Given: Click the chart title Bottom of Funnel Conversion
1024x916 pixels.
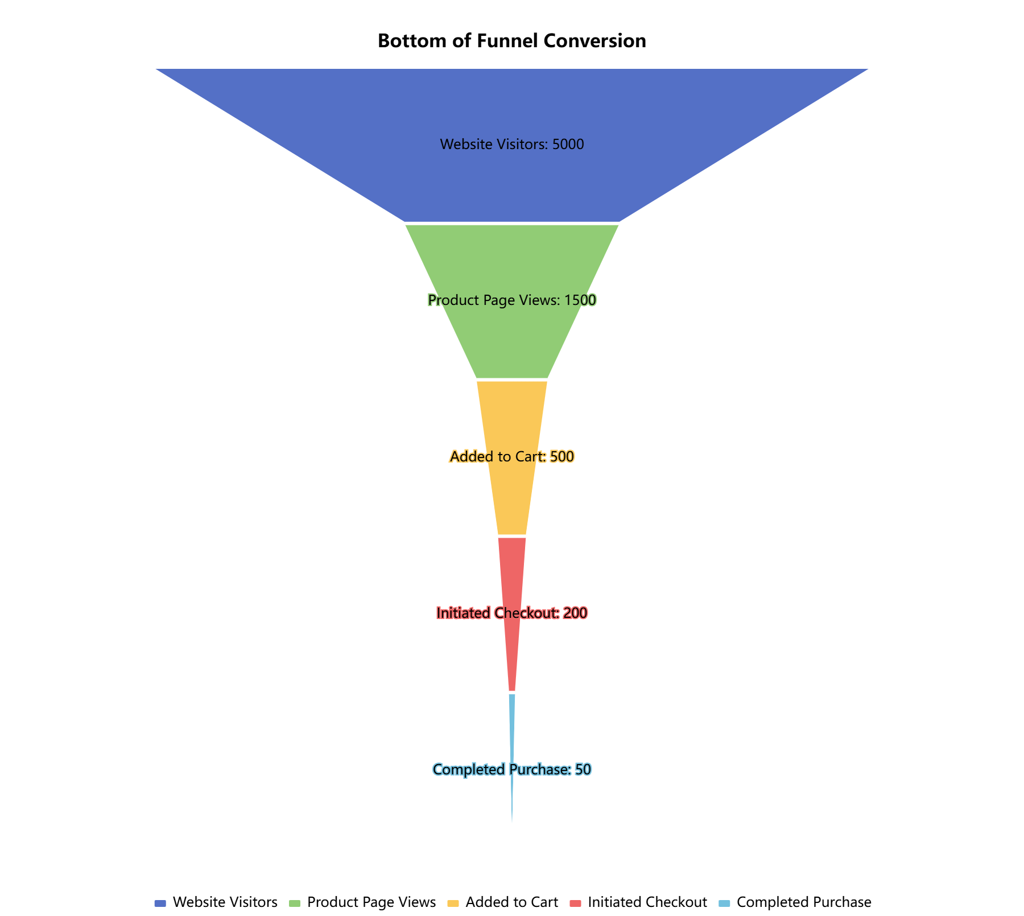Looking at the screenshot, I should (511, 41).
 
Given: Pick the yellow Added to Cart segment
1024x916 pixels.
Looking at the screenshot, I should (512, 495).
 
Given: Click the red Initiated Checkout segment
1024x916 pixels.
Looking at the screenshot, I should (512, 654).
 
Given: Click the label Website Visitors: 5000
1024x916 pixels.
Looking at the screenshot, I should (512, 145).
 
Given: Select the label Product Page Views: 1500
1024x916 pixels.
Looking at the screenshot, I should (512, 300).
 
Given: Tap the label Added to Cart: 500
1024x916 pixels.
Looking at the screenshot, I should (512, 457).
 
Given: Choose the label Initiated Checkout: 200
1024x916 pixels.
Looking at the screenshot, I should (512, 613).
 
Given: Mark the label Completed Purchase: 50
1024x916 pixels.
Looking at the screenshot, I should (512, 770).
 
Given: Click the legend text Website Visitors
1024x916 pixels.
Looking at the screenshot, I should (225, 902).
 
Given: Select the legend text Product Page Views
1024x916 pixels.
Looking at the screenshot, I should (371, 902).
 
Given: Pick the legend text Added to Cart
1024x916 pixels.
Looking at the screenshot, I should (512, 902).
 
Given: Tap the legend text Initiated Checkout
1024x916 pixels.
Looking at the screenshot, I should (647, 902).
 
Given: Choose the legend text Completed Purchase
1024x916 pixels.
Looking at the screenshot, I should (804, 902).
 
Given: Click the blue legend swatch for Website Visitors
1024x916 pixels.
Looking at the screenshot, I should (160, 903).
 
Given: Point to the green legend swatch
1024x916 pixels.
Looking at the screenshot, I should (295, 903).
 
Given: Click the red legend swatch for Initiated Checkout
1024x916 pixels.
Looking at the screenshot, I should (576, 903).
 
